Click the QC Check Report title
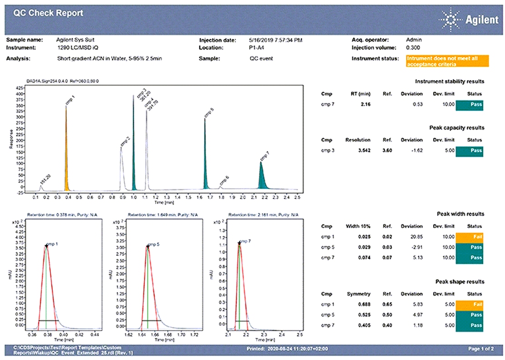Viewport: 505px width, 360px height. click(x=48, y=13)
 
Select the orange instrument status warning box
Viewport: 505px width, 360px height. click(x=447, y=61)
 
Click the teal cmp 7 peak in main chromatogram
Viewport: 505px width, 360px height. click(x=262, y=177)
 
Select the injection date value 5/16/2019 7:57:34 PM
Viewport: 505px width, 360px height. click(x=276, y=40)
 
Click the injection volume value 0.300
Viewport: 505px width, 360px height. click(x=413, y=47)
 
